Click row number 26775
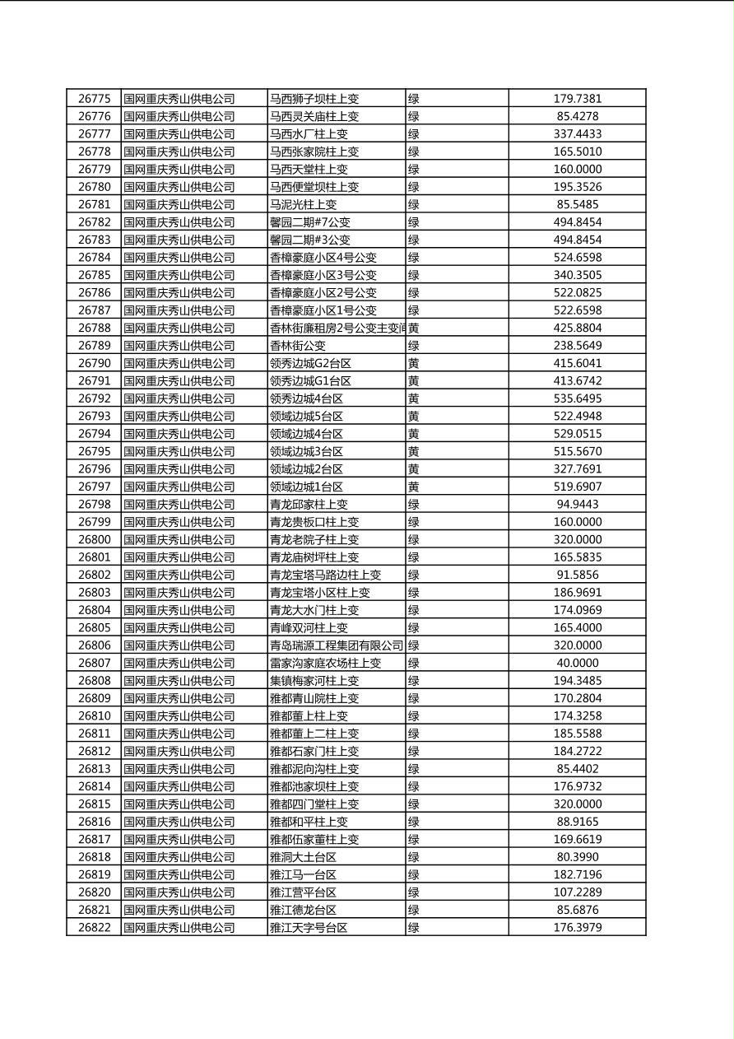pos(95,99)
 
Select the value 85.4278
pos(577,116)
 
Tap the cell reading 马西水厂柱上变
pos(309,134)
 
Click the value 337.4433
pos(577,134)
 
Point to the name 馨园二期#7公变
pos(310,222)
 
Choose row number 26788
pos(95,328)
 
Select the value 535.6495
pos(577,398)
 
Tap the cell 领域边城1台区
pos(306,487)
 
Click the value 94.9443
pos(577,504)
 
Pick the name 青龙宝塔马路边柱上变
pos(325,575)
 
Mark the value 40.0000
pos(577,663)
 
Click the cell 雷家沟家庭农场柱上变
pos(325,663)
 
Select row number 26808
pos(95,681)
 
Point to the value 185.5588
pos(577,734)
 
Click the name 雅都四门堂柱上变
pos(314,804)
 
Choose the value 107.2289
pos(577,892)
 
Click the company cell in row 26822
pos(179,928)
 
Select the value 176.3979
pos(577,928)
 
